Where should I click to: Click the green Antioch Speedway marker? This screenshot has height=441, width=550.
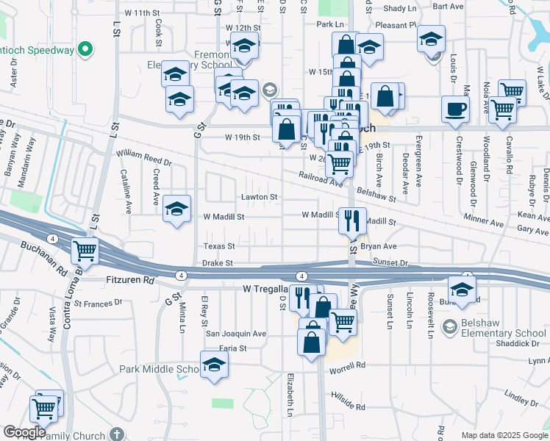pyautogui.click(x=85, y=50)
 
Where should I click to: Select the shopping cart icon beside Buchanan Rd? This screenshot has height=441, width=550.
pyautogui.click(x=85, y=251)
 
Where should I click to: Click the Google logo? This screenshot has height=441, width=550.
pyautogui.click(x=24, y=432)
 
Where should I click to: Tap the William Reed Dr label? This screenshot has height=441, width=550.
pyautogui.click(x=143, y=157)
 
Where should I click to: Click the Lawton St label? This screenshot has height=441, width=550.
pyautogui.click(x=260, y=197)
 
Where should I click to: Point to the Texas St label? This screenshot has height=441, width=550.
pyautogui.click(x=219, y=246)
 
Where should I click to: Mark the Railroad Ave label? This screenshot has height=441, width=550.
pyautogui.click(x=321, y=179)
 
